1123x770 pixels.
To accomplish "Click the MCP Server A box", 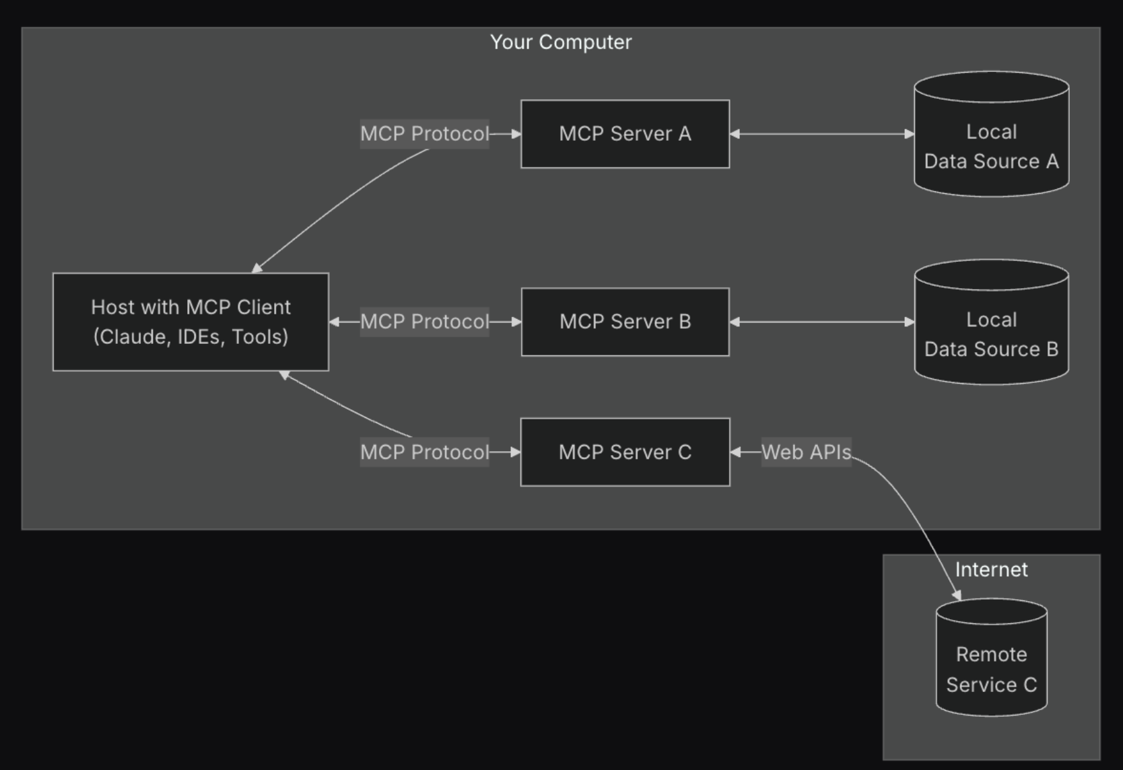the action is [x=625, y=134].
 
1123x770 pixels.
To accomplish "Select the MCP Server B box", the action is [x=625, y=322].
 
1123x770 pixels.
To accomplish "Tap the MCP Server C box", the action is [x=625, y=452].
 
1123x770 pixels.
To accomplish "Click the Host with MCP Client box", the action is [x=191, y=322].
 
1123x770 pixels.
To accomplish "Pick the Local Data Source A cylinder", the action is [x=992, y=134].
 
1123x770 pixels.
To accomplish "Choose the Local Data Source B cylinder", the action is [x=992, y=322].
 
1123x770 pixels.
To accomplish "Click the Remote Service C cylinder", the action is [x=992, y=657].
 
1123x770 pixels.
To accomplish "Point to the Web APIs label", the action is [x=806, y=452].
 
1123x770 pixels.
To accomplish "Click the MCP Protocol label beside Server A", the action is [x=425, y=134].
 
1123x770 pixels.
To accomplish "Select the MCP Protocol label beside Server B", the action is [x=425, y=322].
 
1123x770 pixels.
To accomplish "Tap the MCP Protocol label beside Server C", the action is [x=425, y=452].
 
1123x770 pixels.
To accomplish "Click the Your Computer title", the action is [x=561, y=42].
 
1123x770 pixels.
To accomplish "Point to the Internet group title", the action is [x=992, y=569].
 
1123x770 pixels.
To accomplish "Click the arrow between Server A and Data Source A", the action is [x=822, y=134].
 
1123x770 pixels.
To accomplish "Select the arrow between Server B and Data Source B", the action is [x=822, y=322].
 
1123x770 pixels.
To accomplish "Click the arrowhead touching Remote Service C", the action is [x=957, y=595].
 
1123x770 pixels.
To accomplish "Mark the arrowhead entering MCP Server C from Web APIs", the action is [x=735, y=452].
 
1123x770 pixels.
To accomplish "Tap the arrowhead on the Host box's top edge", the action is [x=257, y=268].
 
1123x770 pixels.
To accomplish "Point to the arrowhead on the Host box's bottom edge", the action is [x=284, y=375].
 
